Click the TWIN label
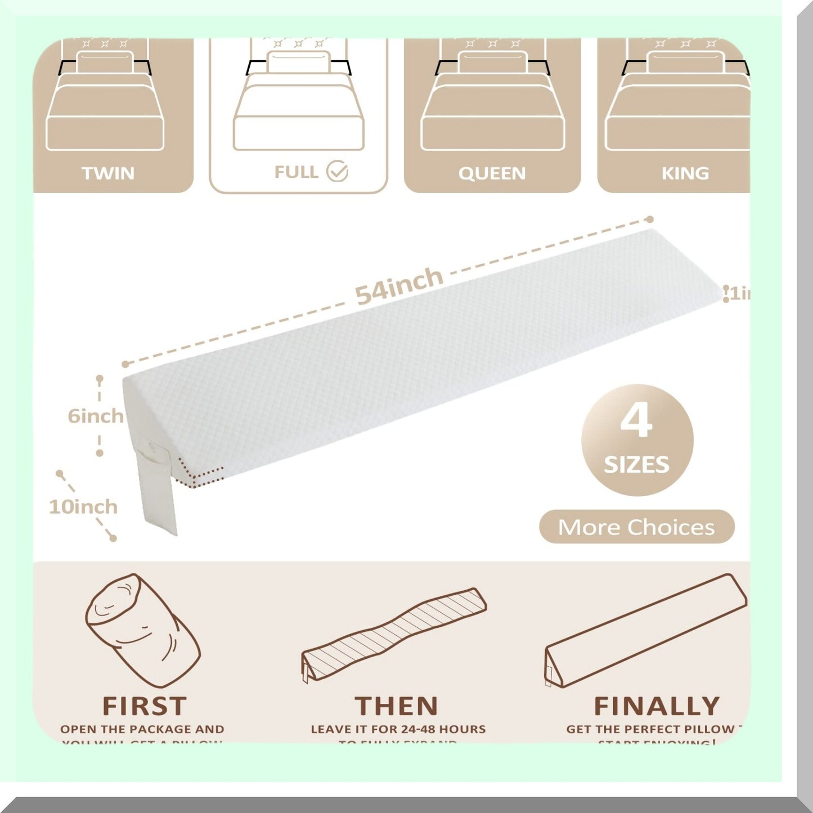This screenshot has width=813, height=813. tap(108, 173)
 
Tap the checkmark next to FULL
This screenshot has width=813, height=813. tap(338, 171)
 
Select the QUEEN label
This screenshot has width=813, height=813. tap(492, 173)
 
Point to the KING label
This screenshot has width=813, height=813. tap(685, 173)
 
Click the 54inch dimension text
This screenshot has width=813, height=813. tap(399, 286)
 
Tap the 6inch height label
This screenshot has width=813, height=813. tap(95, 416)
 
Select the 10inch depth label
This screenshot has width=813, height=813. tap(83, 507)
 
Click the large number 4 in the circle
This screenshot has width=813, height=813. tap(636, 421)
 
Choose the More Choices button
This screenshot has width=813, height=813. tap(636, 527)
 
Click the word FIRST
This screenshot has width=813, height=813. tap(144, 706)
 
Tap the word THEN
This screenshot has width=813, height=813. tap(396, 706)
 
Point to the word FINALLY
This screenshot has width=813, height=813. tap(657, 706)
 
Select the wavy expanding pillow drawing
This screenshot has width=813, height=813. tap(394, 630)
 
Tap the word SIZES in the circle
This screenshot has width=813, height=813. tap(636, 465)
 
